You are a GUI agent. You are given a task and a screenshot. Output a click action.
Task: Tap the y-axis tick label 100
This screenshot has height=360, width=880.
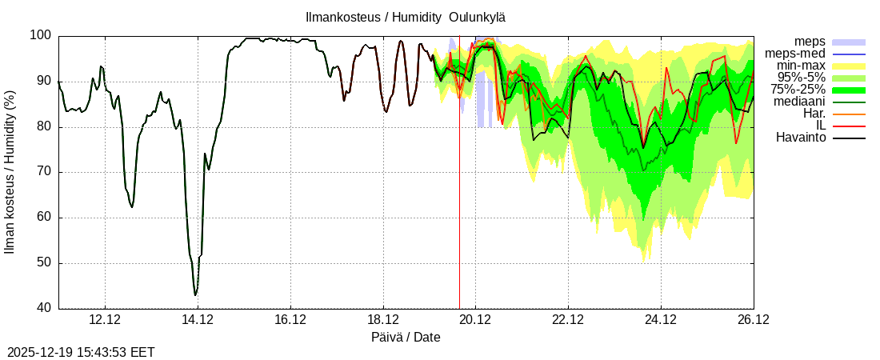[41, 36]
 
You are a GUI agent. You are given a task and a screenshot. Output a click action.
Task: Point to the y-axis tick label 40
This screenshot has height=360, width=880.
[44, 309]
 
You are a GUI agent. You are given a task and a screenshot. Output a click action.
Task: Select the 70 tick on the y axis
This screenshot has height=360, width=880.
[44, 172]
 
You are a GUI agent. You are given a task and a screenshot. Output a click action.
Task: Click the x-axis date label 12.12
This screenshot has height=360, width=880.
[105, 320]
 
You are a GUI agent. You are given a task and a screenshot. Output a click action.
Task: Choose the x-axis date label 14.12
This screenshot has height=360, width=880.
[198, 320]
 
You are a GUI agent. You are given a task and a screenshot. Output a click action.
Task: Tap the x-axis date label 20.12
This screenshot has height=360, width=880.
[475, 320]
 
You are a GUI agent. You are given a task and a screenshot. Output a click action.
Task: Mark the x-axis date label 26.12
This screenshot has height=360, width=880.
[753, 320]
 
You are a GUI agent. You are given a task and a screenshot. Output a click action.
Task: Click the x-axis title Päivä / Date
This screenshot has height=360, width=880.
[406, 337]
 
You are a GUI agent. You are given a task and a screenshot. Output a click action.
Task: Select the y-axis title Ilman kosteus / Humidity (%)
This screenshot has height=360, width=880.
[10, 173]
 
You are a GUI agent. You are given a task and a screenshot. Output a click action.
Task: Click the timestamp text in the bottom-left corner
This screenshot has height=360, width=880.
[81, 352]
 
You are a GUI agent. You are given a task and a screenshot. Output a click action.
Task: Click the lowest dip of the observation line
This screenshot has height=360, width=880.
[195, 295]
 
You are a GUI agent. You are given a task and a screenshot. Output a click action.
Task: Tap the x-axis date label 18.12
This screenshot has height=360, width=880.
[382, 320]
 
